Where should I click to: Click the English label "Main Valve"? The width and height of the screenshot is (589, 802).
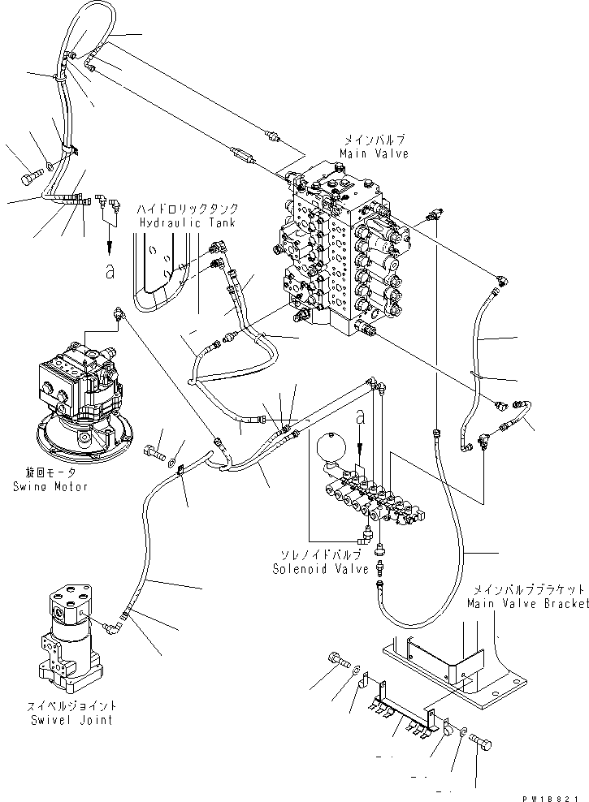(375, 154)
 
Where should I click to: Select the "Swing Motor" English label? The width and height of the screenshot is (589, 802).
(50, 486)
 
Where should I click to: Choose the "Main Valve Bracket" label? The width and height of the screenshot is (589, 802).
(527, 604)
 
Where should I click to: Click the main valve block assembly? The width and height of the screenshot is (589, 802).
(341, 252)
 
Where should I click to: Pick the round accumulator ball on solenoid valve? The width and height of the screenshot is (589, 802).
(331, 447)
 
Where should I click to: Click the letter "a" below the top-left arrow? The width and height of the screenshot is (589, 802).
(109, 271)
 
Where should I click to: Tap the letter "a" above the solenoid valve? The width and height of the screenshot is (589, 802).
(360, 416)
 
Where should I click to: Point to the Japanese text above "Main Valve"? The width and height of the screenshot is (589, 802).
(375, 140)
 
